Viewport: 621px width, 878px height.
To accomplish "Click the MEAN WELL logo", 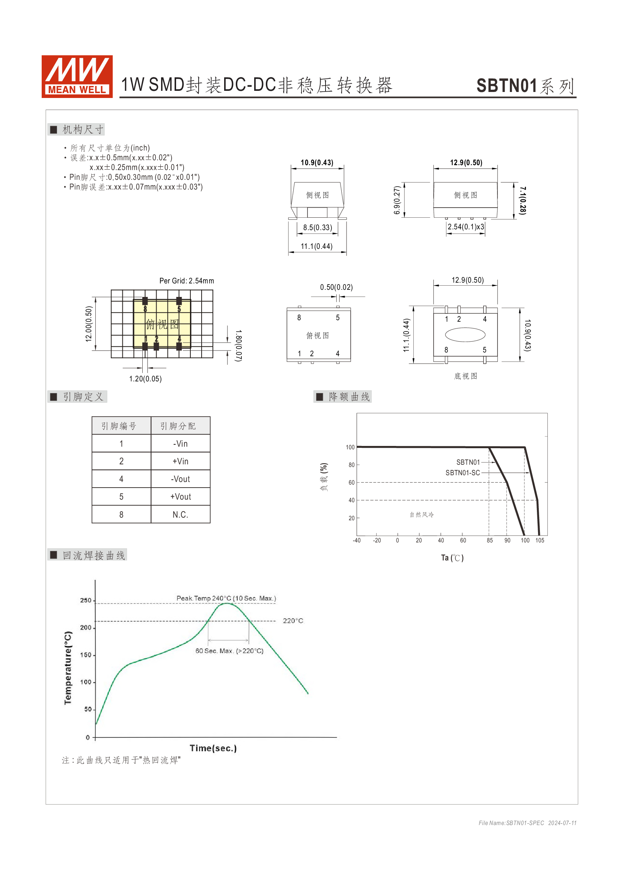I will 77,77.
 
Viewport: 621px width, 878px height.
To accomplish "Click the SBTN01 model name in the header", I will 506,86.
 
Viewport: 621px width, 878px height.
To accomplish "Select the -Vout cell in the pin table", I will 181,479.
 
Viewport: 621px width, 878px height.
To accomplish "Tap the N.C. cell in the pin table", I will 181,515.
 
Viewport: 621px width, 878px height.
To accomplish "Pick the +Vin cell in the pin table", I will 181,461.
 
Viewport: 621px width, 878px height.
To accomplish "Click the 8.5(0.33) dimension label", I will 317,227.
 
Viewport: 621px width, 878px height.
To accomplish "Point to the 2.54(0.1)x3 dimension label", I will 466,227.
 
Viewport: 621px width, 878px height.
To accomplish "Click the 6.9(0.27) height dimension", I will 397,200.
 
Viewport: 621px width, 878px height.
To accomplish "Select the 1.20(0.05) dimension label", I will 145,379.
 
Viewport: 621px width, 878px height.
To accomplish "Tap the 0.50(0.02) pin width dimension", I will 336,287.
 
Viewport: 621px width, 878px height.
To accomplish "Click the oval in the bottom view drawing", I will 465,334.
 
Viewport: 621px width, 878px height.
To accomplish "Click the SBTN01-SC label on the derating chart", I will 462,473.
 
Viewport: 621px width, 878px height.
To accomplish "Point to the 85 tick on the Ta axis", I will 490,540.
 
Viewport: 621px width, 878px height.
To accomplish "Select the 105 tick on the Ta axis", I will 540,540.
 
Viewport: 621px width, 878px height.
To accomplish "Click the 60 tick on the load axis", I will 351,483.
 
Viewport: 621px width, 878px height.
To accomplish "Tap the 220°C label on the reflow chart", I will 293,620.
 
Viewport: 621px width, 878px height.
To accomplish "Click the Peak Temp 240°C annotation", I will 226,598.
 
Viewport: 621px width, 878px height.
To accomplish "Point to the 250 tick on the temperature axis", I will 86,600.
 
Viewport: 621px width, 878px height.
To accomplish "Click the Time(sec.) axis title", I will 213,748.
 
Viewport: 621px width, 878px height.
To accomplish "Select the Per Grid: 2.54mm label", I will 187,281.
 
